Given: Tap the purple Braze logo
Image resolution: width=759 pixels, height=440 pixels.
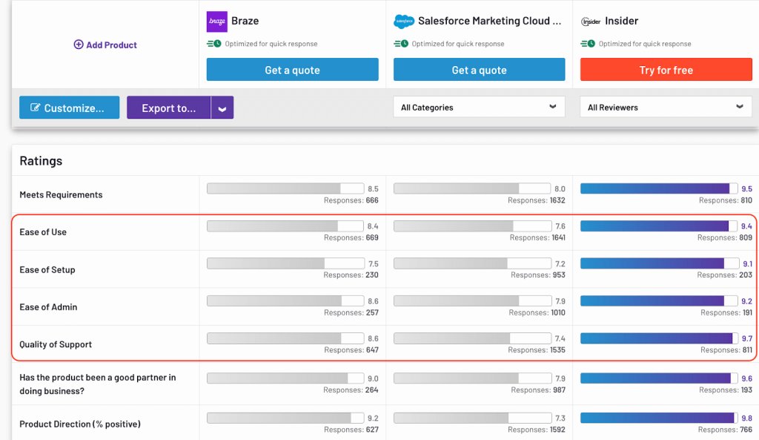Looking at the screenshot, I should [x=217, y=22].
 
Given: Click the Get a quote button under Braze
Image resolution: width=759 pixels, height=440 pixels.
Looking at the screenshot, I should [x=292, y=70].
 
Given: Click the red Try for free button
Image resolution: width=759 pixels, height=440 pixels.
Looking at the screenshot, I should [x=666, y=70].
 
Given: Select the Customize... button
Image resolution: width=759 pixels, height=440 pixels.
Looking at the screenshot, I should [x=68, y=108].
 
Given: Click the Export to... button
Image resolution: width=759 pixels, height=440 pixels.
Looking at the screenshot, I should [x=169, y=108].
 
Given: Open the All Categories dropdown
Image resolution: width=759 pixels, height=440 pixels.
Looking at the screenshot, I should [x=479, y=107].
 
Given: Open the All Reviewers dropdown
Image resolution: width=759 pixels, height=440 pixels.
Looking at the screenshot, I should [x=666, y=107].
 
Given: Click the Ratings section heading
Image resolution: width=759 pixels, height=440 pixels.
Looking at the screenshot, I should [x=41, y=161].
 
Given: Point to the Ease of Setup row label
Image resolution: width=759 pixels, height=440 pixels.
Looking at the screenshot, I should [x=47, y=269].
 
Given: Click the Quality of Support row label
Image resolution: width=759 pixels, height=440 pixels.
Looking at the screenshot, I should [x=56, y=344].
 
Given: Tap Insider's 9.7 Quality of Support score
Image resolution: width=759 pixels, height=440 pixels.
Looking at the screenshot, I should [x=746, y=338].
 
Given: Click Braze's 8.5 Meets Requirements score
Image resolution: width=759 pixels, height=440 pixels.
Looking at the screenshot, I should [x=373, y=189].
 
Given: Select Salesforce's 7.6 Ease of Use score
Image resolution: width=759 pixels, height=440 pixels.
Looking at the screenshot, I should [x=560, y=226].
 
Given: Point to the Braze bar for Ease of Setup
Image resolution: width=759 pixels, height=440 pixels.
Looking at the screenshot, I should [x=285, y=263].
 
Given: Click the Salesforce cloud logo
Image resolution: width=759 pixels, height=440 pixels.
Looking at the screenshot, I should [x=403, y=22].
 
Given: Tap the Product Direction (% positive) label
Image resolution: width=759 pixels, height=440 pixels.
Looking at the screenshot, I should [x=80, y=424].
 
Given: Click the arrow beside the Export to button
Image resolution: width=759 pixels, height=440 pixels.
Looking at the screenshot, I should [x=222, y=108].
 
